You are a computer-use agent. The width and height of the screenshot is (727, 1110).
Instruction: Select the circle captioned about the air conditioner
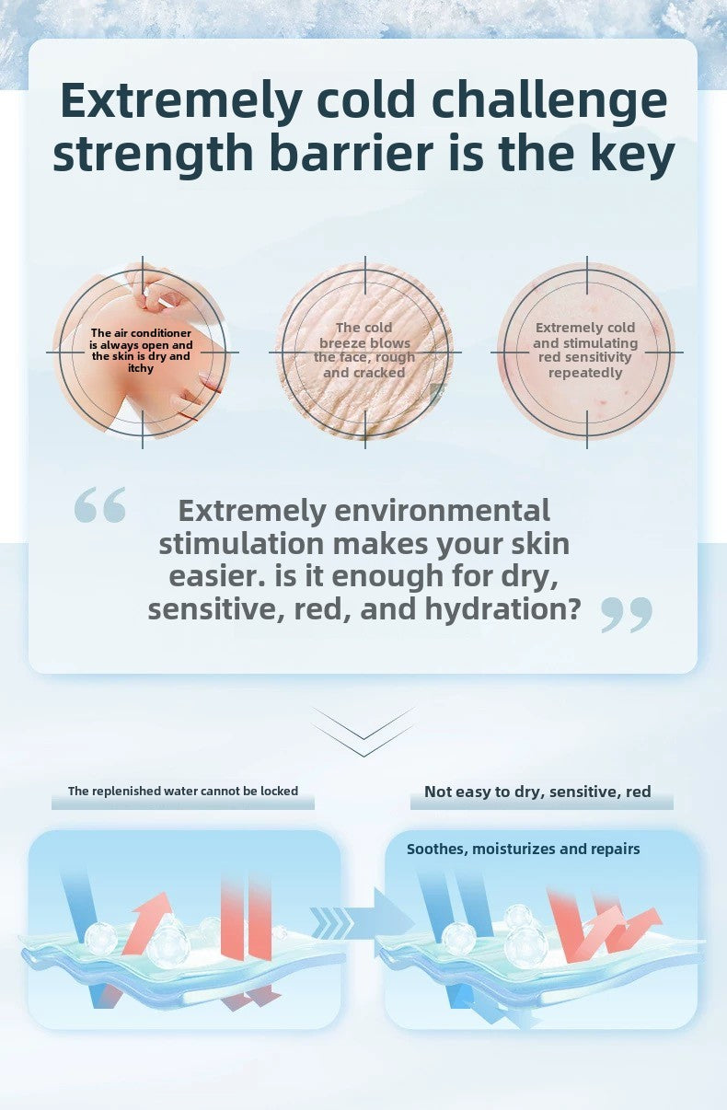point(142,351)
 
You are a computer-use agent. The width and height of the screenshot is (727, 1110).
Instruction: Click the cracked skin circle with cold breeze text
point(364,351)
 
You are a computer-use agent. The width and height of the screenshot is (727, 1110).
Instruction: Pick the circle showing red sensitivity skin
point(586,351)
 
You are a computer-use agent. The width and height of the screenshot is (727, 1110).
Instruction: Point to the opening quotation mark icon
point(99,505)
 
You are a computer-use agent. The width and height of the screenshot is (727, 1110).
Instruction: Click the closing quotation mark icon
point(627,614)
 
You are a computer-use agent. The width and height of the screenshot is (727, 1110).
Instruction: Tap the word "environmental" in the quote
point(442,510)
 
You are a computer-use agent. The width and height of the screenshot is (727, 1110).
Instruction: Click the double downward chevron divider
point(363,732)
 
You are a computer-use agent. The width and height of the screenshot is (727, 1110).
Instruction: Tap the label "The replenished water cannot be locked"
point(183,792)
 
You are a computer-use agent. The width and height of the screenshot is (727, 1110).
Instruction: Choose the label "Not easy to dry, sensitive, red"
point(537,792)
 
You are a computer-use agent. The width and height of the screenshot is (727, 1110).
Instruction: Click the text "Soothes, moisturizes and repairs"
point(523,849)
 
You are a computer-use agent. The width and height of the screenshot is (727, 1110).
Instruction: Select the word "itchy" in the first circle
point(141,368)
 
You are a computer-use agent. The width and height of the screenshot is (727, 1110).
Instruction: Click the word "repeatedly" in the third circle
point(585,373)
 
